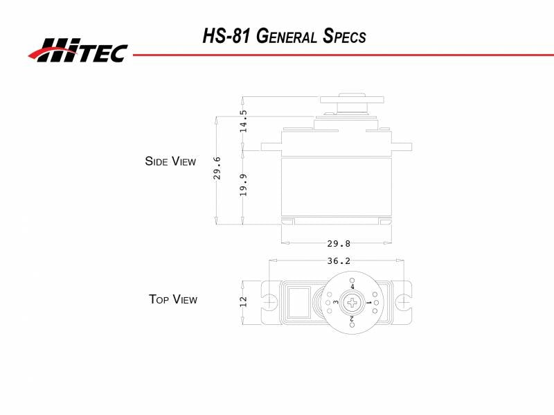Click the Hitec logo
coord(78,49)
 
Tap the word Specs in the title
coord(343,37)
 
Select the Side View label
coord(170,161)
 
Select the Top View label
coord(173,299)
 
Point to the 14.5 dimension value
coord(243,121)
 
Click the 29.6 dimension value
coord(217,168)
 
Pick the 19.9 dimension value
coord(243,185)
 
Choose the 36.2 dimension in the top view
coord(338,261)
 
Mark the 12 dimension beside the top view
coord(243,302)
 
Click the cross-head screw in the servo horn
coord(354,302)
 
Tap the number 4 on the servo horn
coord(352,286)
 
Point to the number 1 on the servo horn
coord(368,303)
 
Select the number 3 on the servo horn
coord(336,303)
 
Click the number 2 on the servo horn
coord(352,319)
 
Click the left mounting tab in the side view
coord(271,146)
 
